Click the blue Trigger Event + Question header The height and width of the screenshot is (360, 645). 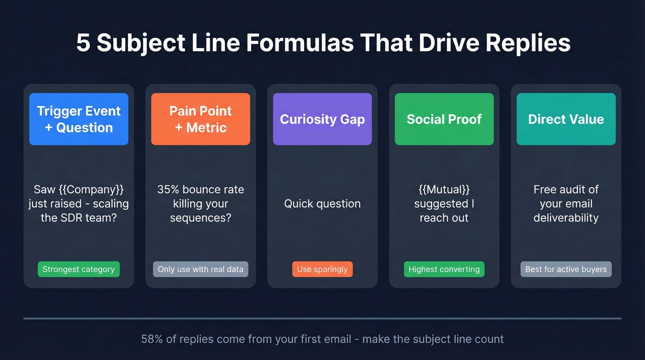(x=79, y=119)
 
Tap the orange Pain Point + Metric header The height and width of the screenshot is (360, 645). (x=200, y=119)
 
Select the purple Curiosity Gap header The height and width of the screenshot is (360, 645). (x=322, y=119)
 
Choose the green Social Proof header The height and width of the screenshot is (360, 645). (x=444, y=119)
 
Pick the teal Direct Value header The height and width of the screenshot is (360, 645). (x=566, y=119)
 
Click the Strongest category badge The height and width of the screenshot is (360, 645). (x=79, y=269)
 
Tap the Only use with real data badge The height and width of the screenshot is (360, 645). (x=200, y=269)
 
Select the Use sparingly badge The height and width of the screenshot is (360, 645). (x=322, y=269)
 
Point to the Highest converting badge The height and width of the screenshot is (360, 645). (x=444, y=269)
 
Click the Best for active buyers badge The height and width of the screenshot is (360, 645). (x=566, y=269)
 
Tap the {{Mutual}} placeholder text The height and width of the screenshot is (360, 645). (x=444, y=189)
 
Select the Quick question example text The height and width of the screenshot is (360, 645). (x=322, y=204)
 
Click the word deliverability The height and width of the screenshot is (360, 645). (x=566, y=218)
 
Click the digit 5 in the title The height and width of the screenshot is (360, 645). (x=83, y=43)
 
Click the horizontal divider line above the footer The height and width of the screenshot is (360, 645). (x=322, y=318)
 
